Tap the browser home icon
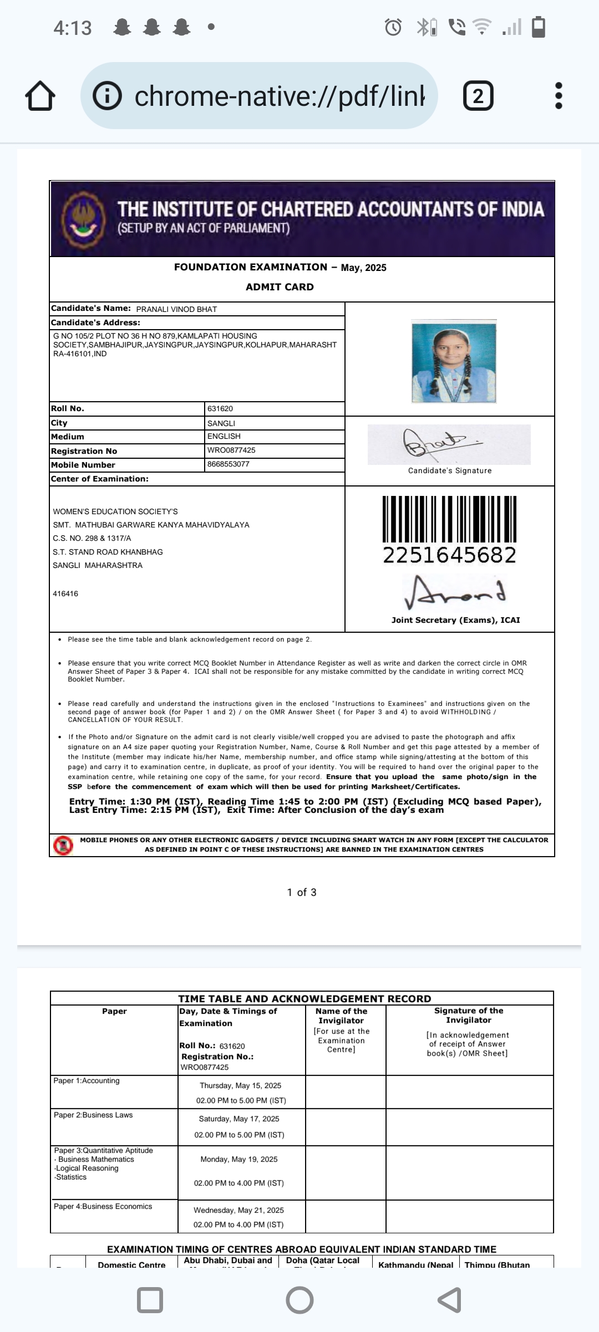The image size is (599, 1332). pos(40,96)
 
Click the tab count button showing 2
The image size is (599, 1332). pos(478,96)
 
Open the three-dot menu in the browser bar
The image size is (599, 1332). pos(559,96)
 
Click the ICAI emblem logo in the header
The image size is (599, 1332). pos(83,218)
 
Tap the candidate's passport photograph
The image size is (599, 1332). pos(454,361)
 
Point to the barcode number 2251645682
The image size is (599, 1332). pos(449,555)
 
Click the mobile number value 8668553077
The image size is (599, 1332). pos(229,464)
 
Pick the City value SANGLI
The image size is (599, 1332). pos(221,423)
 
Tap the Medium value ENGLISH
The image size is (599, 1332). pos(224,437)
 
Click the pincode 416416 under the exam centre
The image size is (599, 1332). pos(65,594)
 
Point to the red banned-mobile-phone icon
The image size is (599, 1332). pos(63,845)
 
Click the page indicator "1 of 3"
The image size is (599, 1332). pos(302,892)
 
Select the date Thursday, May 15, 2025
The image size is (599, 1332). pos(241,1085)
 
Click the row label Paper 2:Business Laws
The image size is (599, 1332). pos(93,1115)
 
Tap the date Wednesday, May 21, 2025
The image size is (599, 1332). pos(238,1210)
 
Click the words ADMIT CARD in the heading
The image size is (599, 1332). pos(280,287)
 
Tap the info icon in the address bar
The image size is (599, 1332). pos(107,96)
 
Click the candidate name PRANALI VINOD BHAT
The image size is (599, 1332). pos(176,309)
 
